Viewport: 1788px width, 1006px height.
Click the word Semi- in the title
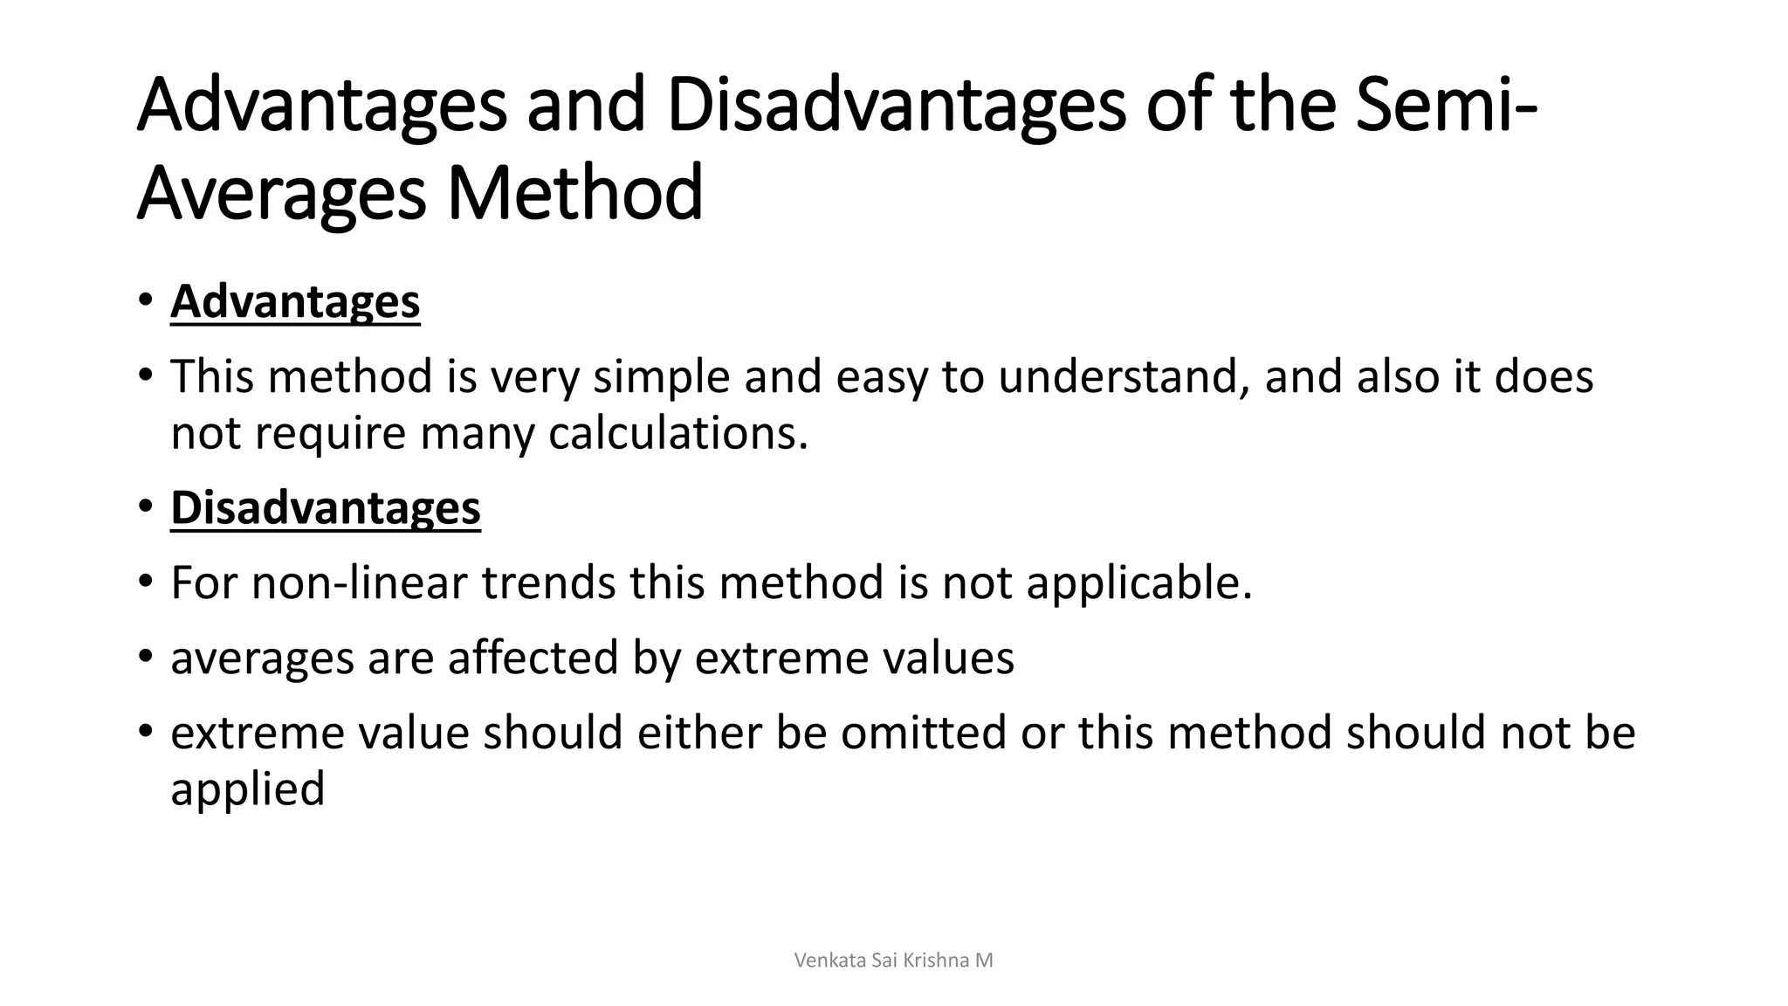click(1448, 105)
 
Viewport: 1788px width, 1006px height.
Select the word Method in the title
click(574, 193)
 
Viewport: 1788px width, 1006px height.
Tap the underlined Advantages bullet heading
click(295, 302)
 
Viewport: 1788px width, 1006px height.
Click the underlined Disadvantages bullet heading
click(326, 508)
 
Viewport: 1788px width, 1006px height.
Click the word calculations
click(677, 433)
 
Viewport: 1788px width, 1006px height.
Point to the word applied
click(247, 789)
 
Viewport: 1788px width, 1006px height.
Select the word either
click(699, 732)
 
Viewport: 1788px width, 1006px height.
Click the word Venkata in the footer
click(830, 961)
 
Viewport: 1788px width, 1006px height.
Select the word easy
click(881, 377)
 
